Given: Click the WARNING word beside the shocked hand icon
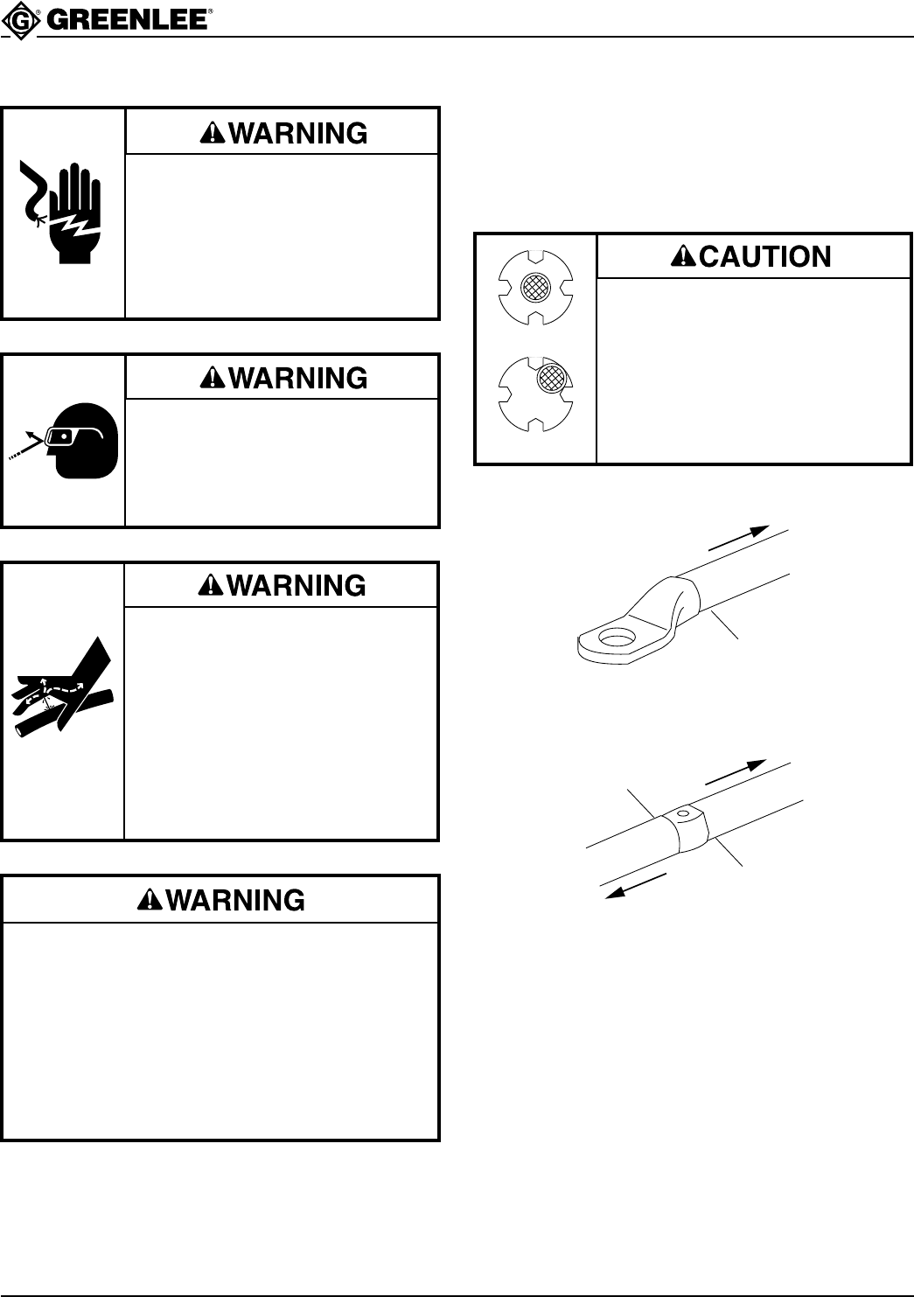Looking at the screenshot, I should (296, 133).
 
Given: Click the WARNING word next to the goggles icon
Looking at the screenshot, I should (296, 378).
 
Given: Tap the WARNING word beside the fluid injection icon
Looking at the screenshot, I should (296, 585).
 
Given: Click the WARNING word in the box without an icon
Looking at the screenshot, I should (234, 900).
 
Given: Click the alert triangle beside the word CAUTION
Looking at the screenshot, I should (681, 256).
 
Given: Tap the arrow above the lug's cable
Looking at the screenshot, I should (738, 538).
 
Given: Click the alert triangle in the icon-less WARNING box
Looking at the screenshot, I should (149, 900).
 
